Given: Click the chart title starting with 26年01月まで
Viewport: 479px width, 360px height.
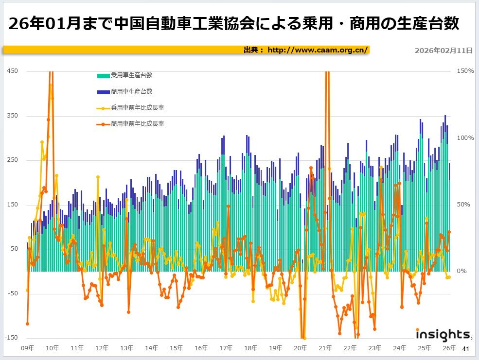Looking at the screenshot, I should coord(233,24).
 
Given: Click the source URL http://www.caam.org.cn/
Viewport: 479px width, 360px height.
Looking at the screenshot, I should coord(318,50).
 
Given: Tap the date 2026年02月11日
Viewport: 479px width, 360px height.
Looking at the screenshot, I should coord(443,50).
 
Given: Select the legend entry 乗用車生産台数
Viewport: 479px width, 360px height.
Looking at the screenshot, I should coord(131,75).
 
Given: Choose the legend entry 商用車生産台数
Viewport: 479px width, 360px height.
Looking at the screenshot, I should coord(131,91).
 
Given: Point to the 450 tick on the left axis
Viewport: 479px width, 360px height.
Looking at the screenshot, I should coord(13,71).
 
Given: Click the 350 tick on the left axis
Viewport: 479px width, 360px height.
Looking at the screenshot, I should coord(13,116).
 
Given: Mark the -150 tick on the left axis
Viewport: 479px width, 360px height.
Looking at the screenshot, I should coord(12,338).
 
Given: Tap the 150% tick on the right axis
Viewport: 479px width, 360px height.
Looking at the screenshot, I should coord(465,71).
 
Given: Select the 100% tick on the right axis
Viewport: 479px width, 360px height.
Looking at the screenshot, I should coord(465,138).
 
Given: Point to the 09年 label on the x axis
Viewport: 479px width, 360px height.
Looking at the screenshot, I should coord(28,348).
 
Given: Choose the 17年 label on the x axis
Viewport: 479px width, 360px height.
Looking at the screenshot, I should coord(226,348).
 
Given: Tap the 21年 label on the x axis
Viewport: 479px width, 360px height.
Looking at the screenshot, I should coord(325,348).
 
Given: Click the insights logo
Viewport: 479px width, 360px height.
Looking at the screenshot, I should coord(443,335).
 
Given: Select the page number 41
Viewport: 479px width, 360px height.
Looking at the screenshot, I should coord(465,349).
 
